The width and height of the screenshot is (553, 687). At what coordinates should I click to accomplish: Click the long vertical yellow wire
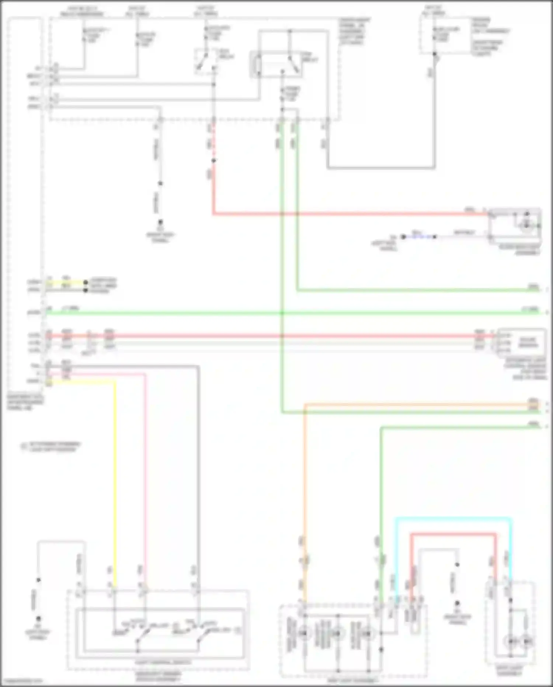(115, 480)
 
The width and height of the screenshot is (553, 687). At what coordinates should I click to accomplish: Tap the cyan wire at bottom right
(453, 519)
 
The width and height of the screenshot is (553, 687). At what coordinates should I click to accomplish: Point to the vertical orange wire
(305, 480)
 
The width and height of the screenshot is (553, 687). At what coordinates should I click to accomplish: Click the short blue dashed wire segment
(419, 237)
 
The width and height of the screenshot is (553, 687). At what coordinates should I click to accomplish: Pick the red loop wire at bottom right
(453, 534)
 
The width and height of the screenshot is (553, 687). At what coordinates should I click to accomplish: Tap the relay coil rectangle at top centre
(257, 65)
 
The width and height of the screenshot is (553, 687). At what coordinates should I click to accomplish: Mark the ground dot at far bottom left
(38, 619)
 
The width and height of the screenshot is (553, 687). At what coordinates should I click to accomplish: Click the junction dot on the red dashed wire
(213, 161)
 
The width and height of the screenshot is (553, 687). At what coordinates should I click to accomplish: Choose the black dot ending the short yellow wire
(86, 282)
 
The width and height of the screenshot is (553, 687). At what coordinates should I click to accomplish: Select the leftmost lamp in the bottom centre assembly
(304, 633)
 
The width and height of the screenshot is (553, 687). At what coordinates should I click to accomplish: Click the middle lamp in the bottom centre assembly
(337, 633)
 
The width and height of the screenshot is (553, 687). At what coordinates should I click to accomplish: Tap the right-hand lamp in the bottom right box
(527, 642)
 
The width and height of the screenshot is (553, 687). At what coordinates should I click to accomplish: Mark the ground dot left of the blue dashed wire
(403, 237)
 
